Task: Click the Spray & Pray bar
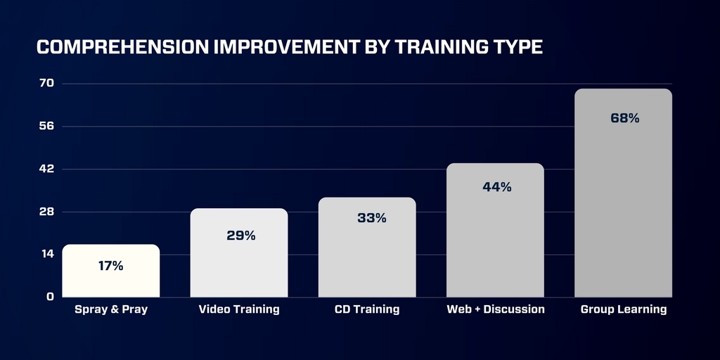(x=110, y=271)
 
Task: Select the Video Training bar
(x=239, y=252)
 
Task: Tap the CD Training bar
(x=367, y=247)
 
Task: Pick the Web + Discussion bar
(x=495, y=230)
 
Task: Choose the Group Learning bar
(x=623, y=193)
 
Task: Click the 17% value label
(x=110, y=266)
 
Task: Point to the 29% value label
(x=240, y=236)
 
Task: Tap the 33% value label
(x=371, y=218)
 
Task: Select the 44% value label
(x=497, y=187)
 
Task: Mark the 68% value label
(x=624, y=118)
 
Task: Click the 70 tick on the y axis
(x=47, y=83)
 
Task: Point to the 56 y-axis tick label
(x=47, y=126)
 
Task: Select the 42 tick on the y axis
(x=47, y=169)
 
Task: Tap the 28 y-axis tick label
(x=47, y=212)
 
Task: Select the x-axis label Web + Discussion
(x=496, y=309)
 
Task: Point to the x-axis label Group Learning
(x=624, y=309)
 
